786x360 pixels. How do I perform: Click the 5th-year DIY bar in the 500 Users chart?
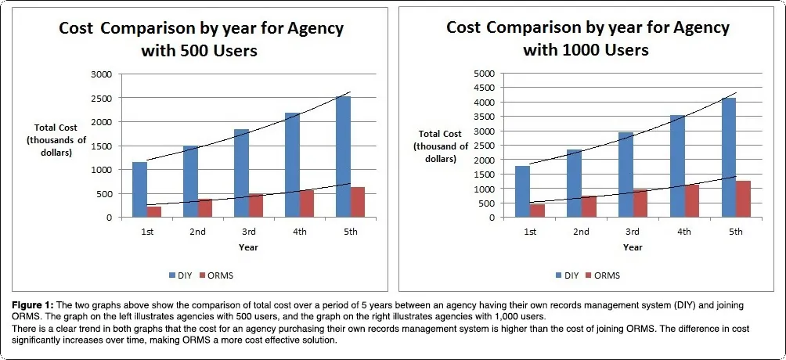(x=343, y=157)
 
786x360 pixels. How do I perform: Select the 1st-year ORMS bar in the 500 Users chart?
(x=154, y=211)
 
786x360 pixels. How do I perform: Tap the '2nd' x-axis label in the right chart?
(x=581, y=232)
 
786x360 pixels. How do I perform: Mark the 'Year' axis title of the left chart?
(x=249, y=247)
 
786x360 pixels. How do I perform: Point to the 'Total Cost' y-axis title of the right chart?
(x=441, y=135)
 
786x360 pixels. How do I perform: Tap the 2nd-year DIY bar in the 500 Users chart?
(x=191, y=182)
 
